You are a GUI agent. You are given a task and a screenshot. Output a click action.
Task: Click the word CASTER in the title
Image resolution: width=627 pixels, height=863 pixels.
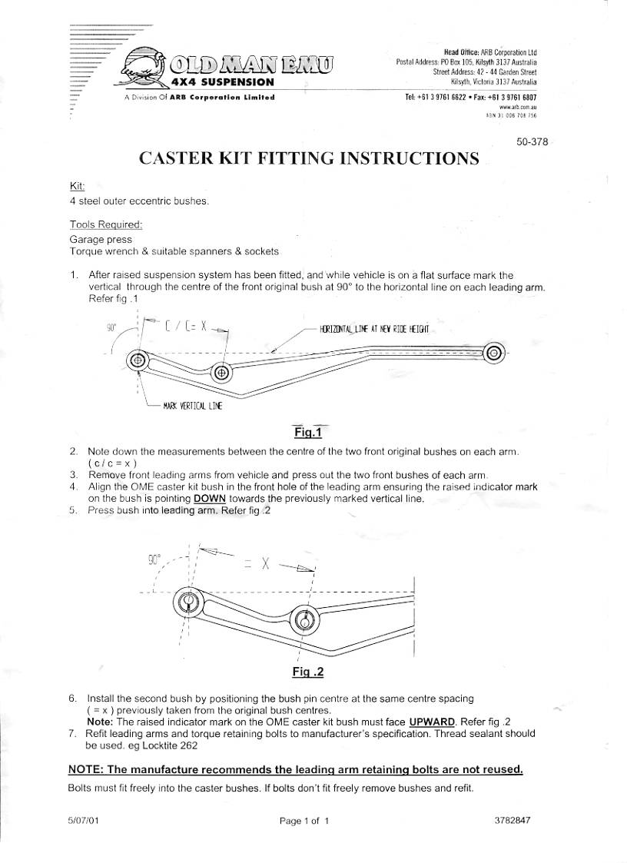[x=177, y=159]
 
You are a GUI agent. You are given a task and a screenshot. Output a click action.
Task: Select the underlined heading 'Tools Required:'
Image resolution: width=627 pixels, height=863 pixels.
[x=105, y=224]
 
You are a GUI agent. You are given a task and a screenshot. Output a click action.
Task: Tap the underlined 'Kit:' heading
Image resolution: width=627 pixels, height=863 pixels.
[x=77, y=187]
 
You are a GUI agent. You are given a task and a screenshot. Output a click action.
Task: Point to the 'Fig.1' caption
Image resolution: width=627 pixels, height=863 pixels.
[x=307, y=433]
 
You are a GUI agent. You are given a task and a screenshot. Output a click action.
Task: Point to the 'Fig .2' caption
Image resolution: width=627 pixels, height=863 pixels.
[x=308, y=672]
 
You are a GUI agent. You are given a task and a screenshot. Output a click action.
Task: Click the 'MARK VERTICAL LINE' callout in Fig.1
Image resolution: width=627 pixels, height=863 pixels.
[x=192, y=406]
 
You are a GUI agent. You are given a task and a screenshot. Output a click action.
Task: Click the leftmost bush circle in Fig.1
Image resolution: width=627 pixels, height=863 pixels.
[x=138, y=360]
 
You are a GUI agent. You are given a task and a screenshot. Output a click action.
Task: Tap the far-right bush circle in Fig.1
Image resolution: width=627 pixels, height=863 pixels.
[x=493, y=353]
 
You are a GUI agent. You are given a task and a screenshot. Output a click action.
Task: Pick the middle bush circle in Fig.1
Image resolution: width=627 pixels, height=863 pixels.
[x=222, y=373]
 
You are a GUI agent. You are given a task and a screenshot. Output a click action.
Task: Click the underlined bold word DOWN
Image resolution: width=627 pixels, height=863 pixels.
[x=210, y=498]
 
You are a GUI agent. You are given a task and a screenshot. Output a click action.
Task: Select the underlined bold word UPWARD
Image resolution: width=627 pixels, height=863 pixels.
[x=434, y=722]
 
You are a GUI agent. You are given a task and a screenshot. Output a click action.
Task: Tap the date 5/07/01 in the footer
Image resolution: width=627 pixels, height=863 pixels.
[x=84, y=820]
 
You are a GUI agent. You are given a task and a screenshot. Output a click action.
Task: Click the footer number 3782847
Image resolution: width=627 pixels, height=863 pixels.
[x=513, y=819]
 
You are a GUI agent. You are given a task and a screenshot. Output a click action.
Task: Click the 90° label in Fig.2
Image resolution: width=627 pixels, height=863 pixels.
[x=154, y=559]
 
